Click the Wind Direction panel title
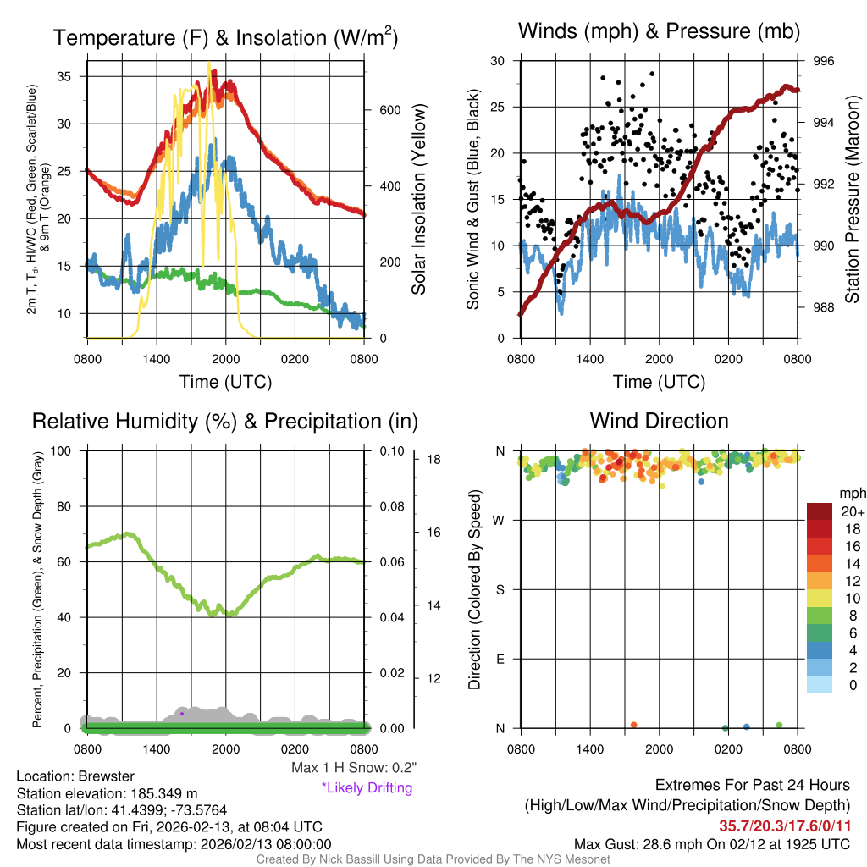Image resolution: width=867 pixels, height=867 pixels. pos(659,421)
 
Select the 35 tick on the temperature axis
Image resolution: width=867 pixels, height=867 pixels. pos(73,75)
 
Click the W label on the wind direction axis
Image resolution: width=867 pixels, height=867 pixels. pos(500,520)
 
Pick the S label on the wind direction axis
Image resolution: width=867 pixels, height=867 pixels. pos(500,589)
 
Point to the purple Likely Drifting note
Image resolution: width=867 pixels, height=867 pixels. pos(367,787)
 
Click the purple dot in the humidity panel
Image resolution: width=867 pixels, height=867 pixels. pos(182,714)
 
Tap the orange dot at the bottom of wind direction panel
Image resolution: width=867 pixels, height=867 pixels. pos(633,725)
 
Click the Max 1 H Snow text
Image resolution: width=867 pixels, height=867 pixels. pos(353,768)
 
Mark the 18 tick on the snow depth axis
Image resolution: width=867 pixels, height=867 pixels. pos(433,460)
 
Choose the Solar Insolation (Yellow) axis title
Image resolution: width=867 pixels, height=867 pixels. pos(418,199)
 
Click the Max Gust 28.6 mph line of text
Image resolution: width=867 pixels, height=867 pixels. pos(711,843)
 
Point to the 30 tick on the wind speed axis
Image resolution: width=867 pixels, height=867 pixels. pos(498,61)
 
